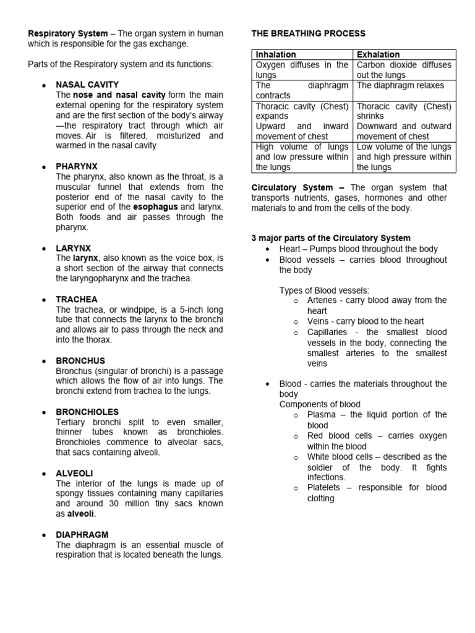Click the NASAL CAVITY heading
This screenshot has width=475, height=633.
click(87, 85)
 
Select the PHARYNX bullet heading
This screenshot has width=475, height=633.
click(77, 166)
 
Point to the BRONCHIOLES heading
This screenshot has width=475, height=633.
click(87, 412)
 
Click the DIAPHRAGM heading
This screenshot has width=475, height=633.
click(82, 535)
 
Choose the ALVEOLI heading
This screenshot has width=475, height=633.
click(74, 473)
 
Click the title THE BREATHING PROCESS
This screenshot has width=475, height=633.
click(308, 33)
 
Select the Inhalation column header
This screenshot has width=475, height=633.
click(276, 54)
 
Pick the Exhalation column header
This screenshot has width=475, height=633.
click(379, 54)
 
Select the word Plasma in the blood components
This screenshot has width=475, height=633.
click(322, 415)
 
